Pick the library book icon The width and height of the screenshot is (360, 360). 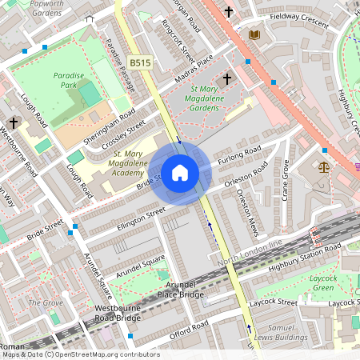[254, 34]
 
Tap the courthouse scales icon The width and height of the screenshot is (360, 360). [324, 167]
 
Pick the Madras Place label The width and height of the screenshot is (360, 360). [194, 70]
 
